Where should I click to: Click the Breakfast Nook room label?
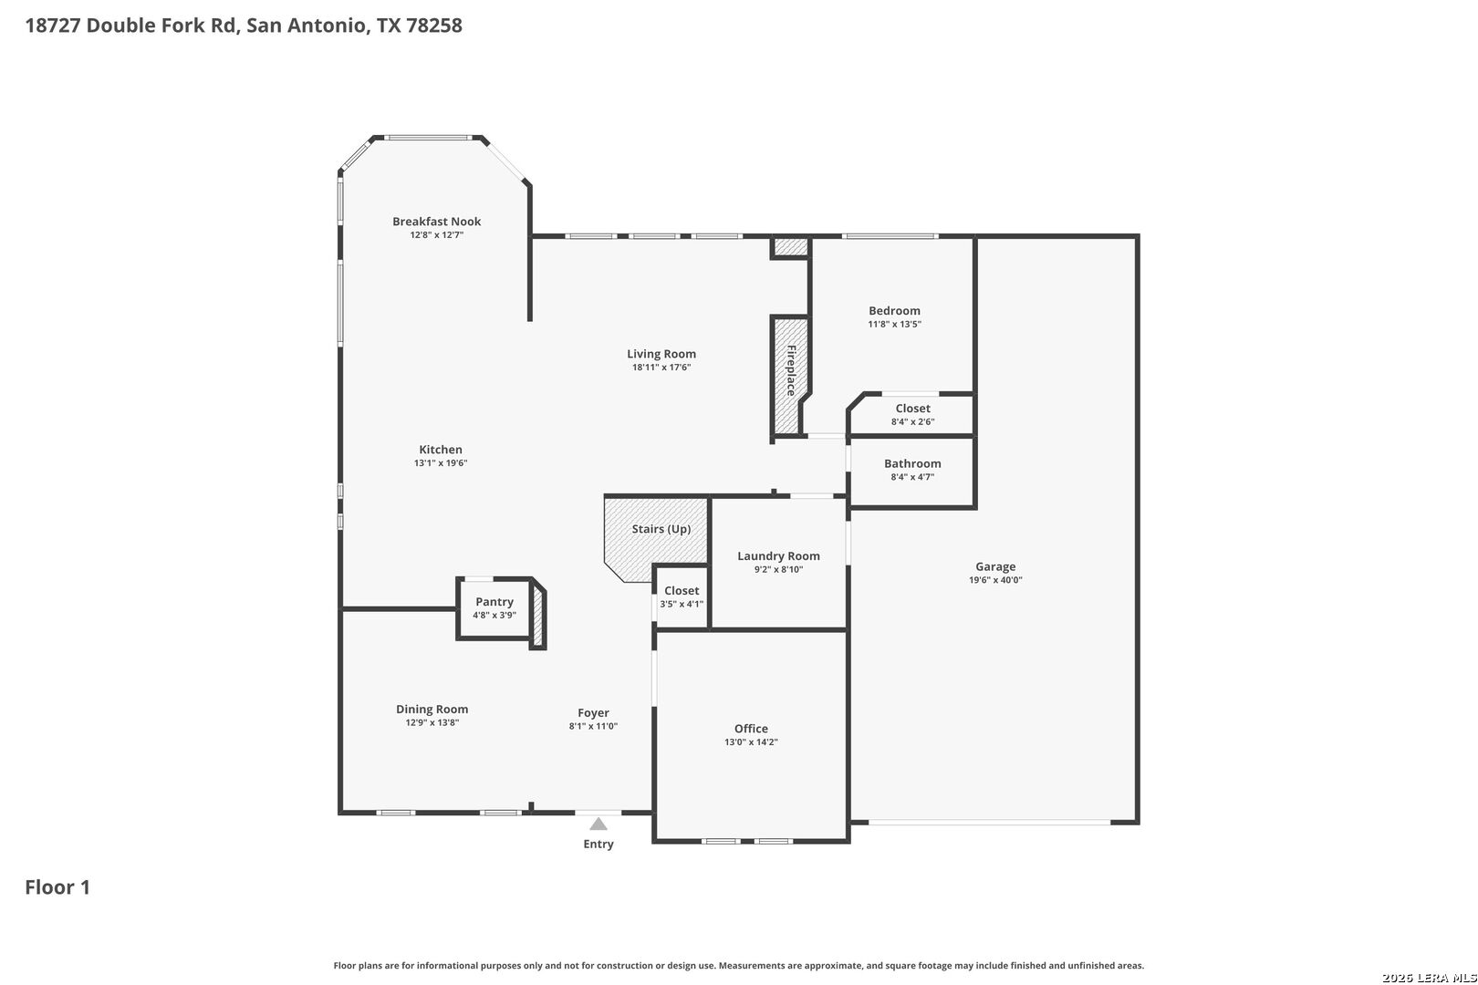pyautogui.click(x=436, y=222)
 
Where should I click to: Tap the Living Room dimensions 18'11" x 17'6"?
pyautogui.click(x=661, y=368)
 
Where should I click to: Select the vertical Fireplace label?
pyautogui.click(x=791, y=370)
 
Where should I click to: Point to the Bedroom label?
pyautogui.click(x=894, y=311)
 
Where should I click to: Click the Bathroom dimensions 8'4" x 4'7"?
pyautogui.click(x=912, y=477)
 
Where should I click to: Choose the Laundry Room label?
pyautogui.click(x=778, y=556)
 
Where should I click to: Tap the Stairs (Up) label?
pyautogui.click(x=661, y=529)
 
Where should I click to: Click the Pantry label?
pyautogui.click(x=494, y=602)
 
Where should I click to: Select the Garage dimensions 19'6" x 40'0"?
pyautogui.click(x=995, y=580)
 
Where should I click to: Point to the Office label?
pyautogui.click(x=751, y=729)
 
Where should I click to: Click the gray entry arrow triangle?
pyautogui.click(x=598, y=824)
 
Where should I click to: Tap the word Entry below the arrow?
pyautogui.click(x=598, y=844)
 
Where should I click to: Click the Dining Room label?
pyautogui.click(x=432, y=710)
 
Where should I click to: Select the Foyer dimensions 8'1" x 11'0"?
pyautogui.click(x=593, y=726)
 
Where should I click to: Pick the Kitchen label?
pyautogui.click(x=441, y=450)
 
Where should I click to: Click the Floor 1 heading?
pyautogui.click(x=57, y=887)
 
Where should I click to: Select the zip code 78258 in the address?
pyautogui.click(x=433, y=26)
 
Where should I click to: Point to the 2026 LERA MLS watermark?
pyautogui.click(x=1429, y=978)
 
